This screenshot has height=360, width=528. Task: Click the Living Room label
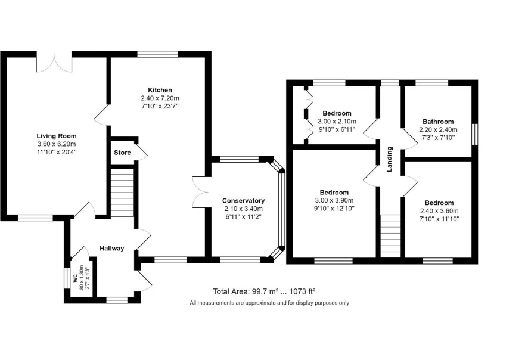[57, 136]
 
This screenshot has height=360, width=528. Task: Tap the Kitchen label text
[160, 90]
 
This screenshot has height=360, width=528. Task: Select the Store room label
[122, 153]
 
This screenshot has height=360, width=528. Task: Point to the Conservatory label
[244, 201]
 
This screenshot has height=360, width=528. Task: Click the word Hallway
[112, 249]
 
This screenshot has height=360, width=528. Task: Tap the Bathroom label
[438, 122]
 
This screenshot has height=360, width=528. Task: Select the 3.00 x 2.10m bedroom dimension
[337, 122]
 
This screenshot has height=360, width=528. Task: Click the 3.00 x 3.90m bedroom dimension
[334, 201]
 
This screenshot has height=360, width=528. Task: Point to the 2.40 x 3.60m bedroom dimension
[439, 211]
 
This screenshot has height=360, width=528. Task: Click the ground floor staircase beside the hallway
[122, 193]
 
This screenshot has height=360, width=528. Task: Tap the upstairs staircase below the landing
[390, 236]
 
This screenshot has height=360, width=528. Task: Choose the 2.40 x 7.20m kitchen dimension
[160, 98]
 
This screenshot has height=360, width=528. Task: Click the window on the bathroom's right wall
[475, 134]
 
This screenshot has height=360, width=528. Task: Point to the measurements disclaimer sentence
[269, 303]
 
